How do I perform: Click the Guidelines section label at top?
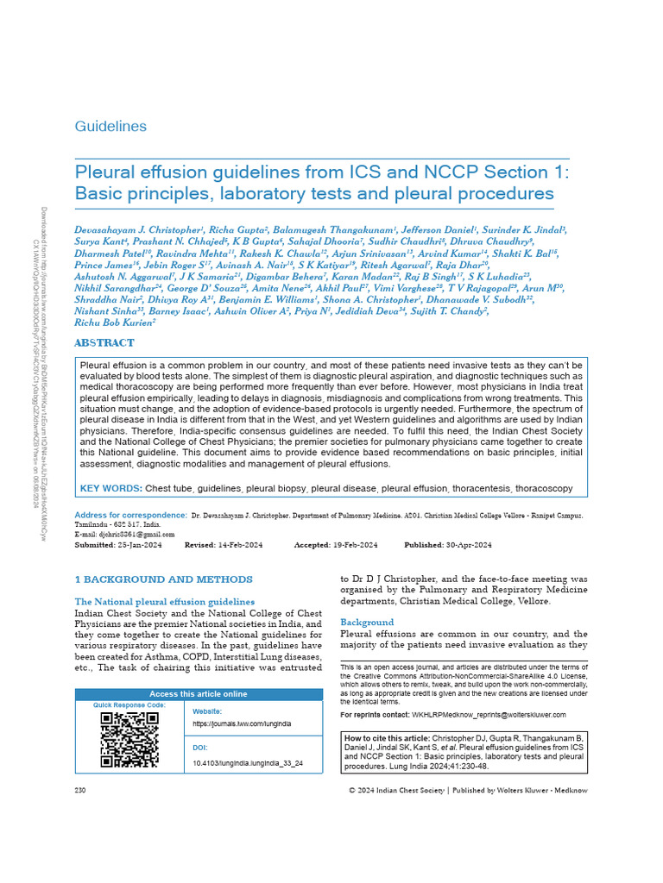[x=110, y=127]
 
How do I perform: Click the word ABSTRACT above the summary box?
[x=104, y=342]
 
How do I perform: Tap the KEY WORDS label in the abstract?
[x=110, y=489]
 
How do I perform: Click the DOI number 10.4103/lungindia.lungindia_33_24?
[x=247, y=763]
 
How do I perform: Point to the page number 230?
[x=82, y=790]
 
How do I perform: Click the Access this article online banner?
[x=198, y=694]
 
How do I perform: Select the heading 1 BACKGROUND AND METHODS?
[x=163, y=579]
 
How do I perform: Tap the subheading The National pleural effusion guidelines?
[x=164, y=601]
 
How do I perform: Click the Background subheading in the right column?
[x=366, y=622]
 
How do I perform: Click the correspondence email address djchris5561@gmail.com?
[x=129, y=535]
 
